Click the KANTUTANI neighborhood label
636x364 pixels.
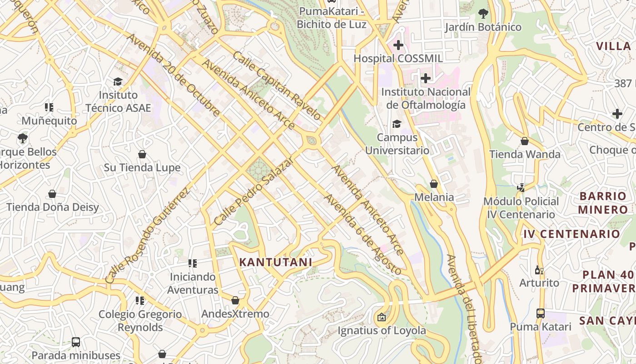[276, 262]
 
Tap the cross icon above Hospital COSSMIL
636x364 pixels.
[398, 45]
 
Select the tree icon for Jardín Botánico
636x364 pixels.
[483, 14]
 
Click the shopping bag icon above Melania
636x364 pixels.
[434, 184]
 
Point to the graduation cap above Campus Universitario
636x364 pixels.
[397, 124]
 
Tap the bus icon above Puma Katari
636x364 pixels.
[540, 313]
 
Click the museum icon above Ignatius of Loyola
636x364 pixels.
[382, 317]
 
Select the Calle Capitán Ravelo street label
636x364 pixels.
[277, 86]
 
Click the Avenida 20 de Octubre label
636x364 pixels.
[174, 75]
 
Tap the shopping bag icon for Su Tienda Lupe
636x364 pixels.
[142, 154]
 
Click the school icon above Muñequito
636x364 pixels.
[49, 107]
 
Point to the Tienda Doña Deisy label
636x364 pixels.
[53, 207]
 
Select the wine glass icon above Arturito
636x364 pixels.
[539, 269]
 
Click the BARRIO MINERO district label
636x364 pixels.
[603, 203]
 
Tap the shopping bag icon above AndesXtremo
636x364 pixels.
[235, 300]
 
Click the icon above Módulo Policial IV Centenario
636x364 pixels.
[521, 187]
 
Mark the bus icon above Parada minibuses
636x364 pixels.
[76, 342]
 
